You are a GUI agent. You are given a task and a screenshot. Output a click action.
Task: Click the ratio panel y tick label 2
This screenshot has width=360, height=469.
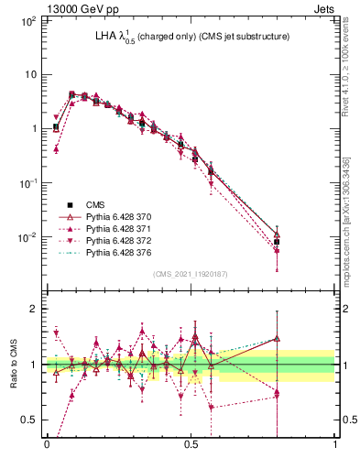click(30, 309)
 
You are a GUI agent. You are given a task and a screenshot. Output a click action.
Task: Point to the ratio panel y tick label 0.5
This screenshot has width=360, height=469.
click(27, 420)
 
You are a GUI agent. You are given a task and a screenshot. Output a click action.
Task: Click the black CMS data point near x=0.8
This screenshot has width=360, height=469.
click(277, 242)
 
